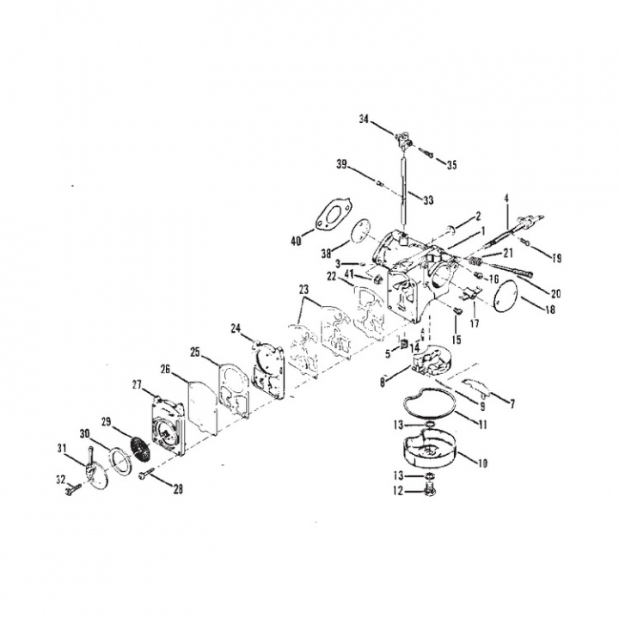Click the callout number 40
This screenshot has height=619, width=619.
pyautogui.click(x=296, y=242)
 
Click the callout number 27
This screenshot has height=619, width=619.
pyautogui.click(x=137, y=384)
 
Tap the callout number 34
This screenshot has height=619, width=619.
pyautogui.click(x=365, y=120)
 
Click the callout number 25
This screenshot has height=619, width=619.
pyautogui.click(x=195, y=352)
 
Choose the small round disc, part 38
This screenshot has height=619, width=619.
pyautogui.click(x=362, y=231)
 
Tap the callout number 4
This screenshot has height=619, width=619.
pyautogui.click(x=507, y=198)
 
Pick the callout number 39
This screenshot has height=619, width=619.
pyautogui.click(x=341, y=163)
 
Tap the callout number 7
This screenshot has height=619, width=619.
pyautogui.click(x=512, y=403)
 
